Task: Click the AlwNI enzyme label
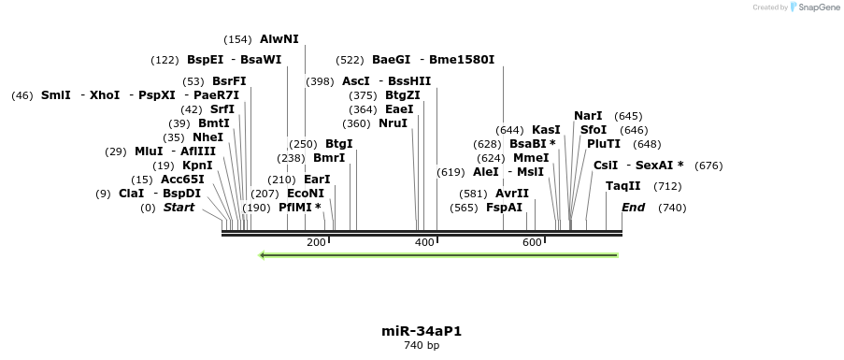pyautogui.click(x=279, y=39)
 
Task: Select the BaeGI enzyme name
pyautogui.click(x=391, y=60)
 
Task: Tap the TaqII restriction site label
pyautogui.click(x=623, y=186)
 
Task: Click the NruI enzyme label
pyautogui.click(x=393, y=123)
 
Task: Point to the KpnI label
pyautogui.click(x=197, y=166)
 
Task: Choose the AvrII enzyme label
pyautogui.click(x=512, y=194)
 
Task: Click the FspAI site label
pyautogui.click(x=504, y=208)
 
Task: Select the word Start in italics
pyautogui.click(x=179, y=208)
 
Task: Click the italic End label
pyautogui.click(x=633, y=208)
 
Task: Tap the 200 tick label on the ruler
pyautogui.click(x=316, y=242)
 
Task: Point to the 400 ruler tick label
pyautogui.click(x=424, y=242)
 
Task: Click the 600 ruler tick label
pyautogui.click(x=533, y=242)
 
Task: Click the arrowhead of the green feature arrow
pyautogui.click(x=265, y=254)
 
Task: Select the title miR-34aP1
pyautogui.click(x=422, y=331)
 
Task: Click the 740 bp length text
pyautogui.click(x=422, y=346)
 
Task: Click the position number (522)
pyautogui.click(x=349, y=60)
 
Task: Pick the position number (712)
pyautogui.click(x=667, y=186)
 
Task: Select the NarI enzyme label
pyautogui.click(x=588, y=116)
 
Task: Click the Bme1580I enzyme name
pyautogui.click(x=462, y=60)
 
